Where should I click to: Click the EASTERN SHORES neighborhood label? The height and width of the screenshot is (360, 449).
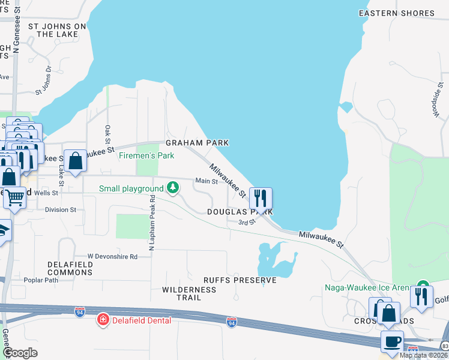click(x=396, y=13)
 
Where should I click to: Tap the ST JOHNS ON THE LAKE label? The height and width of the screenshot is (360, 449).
click(x=57, y=31)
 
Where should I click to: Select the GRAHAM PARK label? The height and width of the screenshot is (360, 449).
click(x=197, y=143)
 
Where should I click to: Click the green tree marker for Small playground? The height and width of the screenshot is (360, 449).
click(x=173, y=188)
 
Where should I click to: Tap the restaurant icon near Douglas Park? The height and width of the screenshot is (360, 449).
click(x=261, y=197)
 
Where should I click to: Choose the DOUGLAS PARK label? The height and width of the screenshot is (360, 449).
click(x=240, y=212)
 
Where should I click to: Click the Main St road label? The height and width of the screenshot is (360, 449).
click(x=206, y=181)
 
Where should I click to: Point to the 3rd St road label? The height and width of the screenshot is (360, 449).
click(x=247, y=222)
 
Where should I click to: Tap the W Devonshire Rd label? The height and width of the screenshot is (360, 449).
click(x=112, y=256)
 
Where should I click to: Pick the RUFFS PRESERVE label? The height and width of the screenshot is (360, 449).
click(x=240, y=280)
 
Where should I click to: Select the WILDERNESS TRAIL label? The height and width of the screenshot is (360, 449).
click(x=189, y=293)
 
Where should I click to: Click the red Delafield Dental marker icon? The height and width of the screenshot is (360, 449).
click(x=103, y=320)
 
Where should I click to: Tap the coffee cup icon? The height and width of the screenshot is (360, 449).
click(x=392, y=341)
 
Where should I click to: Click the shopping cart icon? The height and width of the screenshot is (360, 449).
click(x=15, y=196)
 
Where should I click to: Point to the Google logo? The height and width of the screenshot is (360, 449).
click(x=21, y=353)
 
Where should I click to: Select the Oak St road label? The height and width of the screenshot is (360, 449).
click(x=107, y=134)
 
